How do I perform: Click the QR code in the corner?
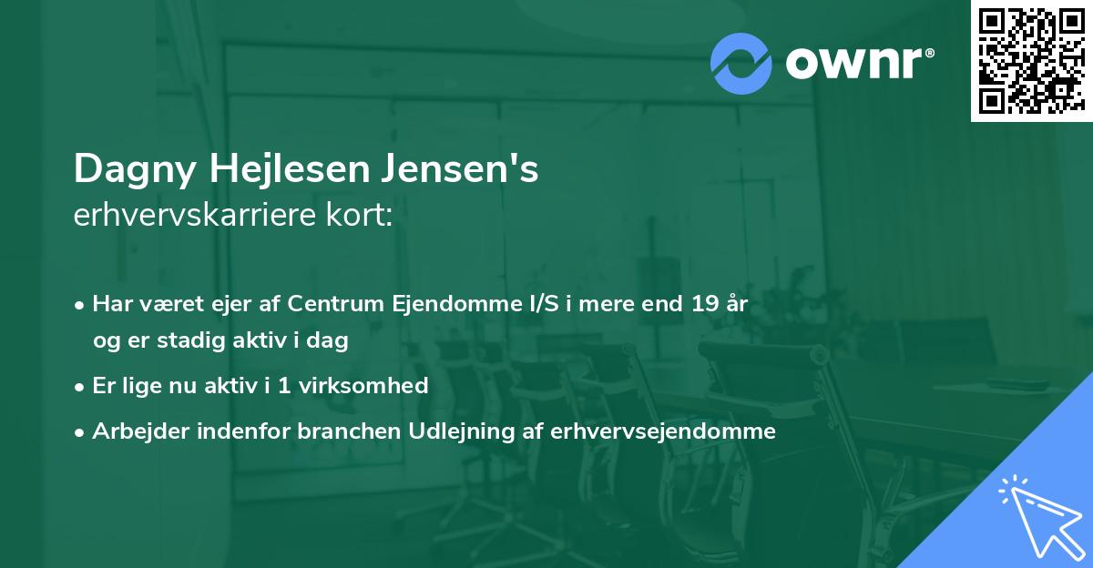[x=1030, y=61]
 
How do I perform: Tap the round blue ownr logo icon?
[x=741, y=64]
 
